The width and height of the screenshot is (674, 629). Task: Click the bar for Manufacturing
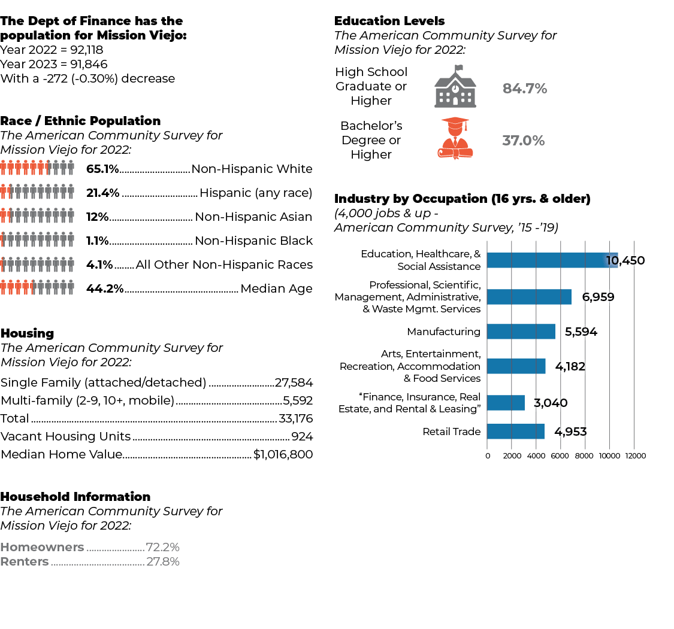pos(521,332)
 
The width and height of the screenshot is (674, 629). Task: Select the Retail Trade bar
pos(516,432)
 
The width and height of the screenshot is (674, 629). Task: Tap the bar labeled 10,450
pos(552,260)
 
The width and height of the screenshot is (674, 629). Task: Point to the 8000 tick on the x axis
pos(584,456)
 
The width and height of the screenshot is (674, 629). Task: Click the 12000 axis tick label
pos(635,456)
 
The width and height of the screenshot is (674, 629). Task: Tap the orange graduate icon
pos(455,138)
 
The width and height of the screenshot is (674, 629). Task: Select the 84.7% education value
pos(525,89)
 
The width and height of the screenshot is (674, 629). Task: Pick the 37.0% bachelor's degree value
pos(524,141)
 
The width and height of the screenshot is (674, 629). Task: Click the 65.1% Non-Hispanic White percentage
pos(102,169)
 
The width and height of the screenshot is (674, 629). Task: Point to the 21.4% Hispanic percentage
pos(102,193)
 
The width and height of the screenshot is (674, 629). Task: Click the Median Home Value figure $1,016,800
pos(283,454)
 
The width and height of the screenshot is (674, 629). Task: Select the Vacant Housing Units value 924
pos(302,436)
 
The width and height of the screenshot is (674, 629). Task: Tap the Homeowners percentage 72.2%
pos(162,547)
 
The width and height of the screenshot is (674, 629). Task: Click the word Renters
pos(25,561)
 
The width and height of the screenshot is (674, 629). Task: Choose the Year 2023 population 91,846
pos(89,64)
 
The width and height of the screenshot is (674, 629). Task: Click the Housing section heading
pos(27,333)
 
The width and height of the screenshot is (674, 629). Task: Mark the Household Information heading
pos(75,496)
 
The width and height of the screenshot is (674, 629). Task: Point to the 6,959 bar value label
pos(599,297)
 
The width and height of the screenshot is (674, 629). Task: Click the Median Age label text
pos(276,288)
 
